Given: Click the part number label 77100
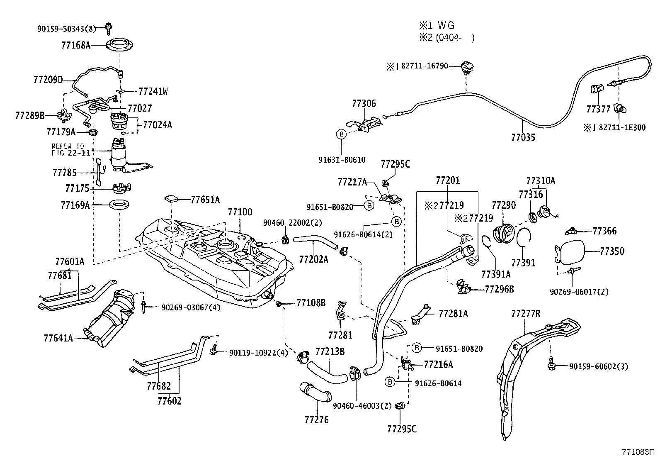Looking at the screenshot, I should point(240,212).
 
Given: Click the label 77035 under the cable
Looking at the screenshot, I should point(523,137).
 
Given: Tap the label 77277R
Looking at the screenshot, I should point(526,314).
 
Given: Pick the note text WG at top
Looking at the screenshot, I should point(446,26).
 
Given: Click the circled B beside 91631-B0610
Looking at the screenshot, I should point(341,134).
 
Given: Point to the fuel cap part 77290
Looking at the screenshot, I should point(503,233).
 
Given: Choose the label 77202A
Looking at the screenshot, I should point(313,259).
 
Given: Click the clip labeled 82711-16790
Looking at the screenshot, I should point(468,67).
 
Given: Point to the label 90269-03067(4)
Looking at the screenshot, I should point(191,307).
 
